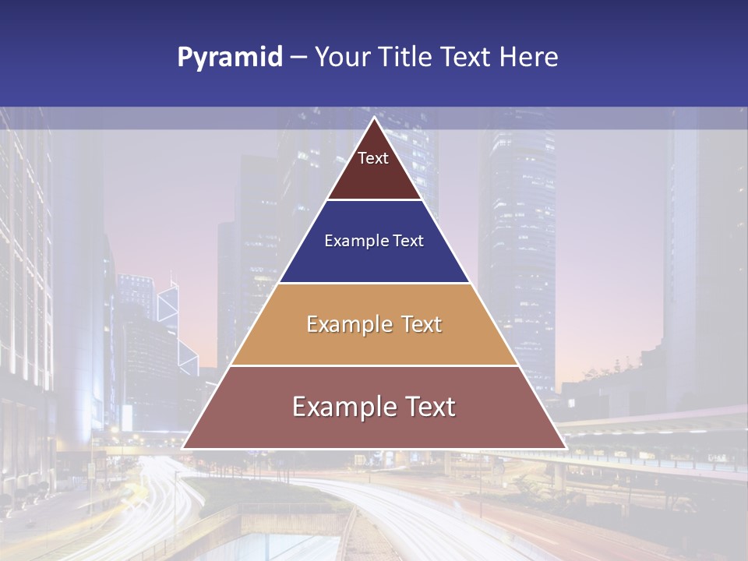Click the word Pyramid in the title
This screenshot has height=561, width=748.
230,58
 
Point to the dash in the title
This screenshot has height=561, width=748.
298,58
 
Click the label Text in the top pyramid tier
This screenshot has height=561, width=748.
373,158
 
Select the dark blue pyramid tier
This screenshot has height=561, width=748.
374,257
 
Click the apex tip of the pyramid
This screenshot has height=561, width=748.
374,118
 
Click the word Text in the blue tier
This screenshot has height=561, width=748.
408,241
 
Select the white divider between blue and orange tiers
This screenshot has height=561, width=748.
374,283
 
